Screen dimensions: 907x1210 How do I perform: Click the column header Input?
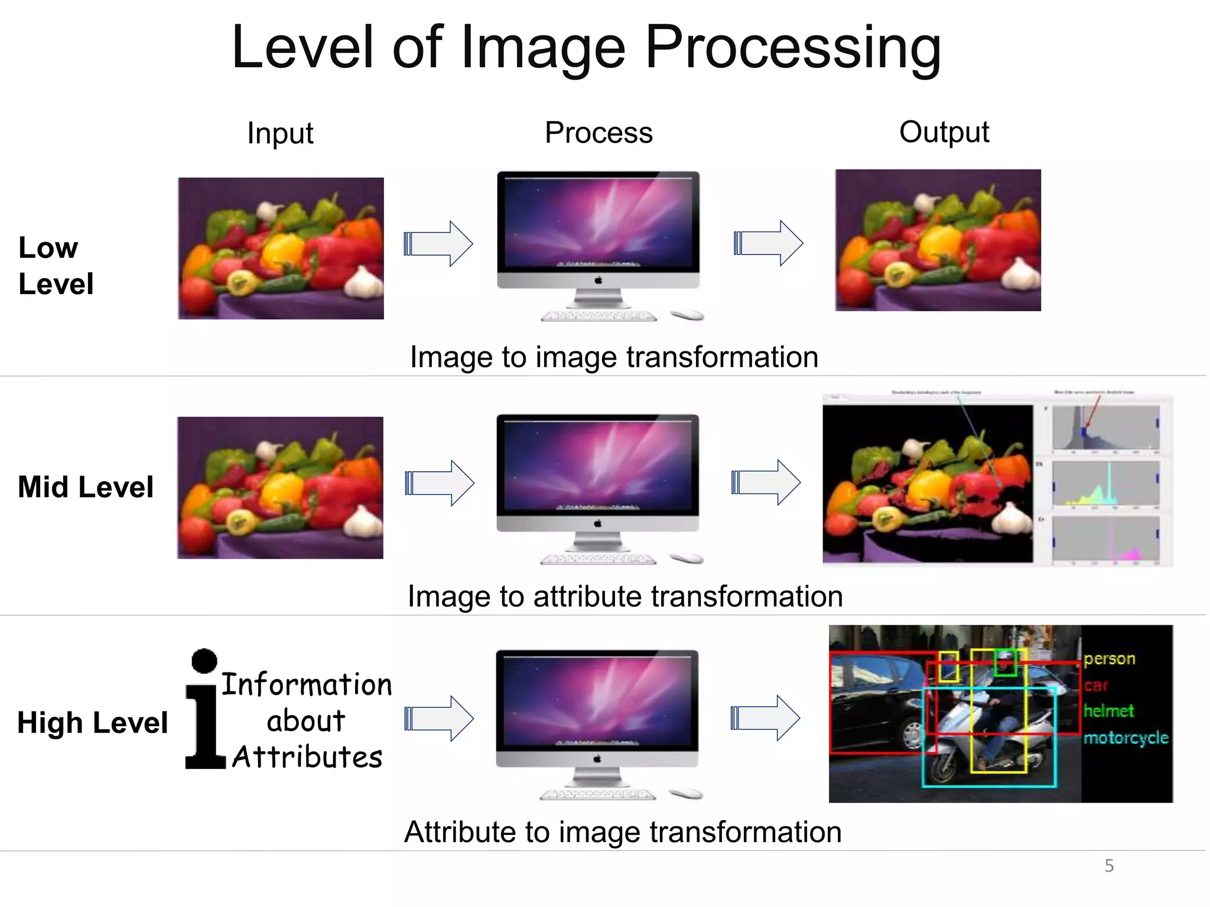pyautogui.click(x=280, y=133)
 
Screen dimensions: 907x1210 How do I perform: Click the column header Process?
pyautogui.click(x=599, y=132)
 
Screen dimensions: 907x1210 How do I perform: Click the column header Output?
pyautogui.click(x=944, y=132)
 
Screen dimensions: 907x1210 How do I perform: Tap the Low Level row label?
pyautogui.click(x=56, y=265)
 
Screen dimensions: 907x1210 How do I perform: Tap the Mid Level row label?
pyautogui.click(x=86, y=487)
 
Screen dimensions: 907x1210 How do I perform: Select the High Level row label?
pyautogui.click(x=92, y=722)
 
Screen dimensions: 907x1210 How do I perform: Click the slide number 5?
pyautogui.click(x=1109, y=866)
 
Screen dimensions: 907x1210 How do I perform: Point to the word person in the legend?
pyautogui.click(x=1109, y=658)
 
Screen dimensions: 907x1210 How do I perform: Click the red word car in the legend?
pyautogui.click(x=1096, y=686)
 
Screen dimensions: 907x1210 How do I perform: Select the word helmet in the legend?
pyautogui.click(x=1108, y=711)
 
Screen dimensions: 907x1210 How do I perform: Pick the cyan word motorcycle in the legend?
pyautogui.click(x=1126, y=738)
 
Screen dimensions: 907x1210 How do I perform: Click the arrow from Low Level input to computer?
pyautogui.click(x=438, y=243)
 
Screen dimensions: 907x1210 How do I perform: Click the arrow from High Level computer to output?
pyautogui.click(x=765, y=718)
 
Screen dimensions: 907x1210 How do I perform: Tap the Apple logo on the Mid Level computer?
pyautogui.click(x=597, y=523)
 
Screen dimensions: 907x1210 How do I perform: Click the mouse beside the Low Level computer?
pyautogui.click(x=687, y=315)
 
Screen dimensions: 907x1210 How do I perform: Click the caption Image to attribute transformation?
pyautogui.click(x=625, y=596)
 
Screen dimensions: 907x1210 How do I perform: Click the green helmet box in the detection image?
pyautogui.click(x=1005, y=663)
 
